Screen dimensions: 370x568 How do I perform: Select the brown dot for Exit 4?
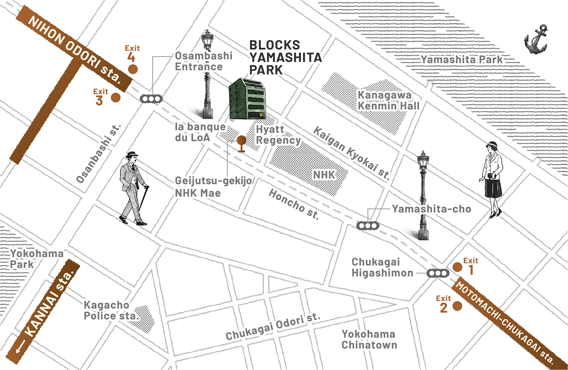(133, 69)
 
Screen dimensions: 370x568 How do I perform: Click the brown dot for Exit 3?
(116, 97)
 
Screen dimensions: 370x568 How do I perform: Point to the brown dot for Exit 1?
(457, 267)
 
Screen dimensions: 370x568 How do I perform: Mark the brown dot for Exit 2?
(457, 306)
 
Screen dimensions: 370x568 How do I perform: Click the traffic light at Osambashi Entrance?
(151, 99)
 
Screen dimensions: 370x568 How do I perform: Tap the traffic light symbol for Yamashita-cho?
(368, 226)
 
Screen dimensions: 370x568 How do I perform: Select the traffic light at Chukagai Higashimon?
(438, 273)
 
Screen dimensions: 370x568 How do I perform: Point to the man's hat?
(132, 155)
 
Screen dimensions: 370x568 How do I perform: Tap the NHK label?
(324, 175)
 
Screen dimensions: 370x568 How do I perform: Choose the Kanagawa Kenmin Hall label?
(388, 100)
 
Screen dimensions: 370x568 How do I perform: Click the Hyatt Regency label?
(278, 135)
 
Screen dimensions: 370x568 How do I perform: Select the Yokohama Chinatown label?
(369, 339)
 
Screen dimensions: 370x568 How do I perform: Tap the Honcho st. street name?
(294, 205)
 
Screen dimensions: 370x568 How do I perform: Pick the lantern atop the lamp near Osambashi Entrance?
(208, 39)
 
